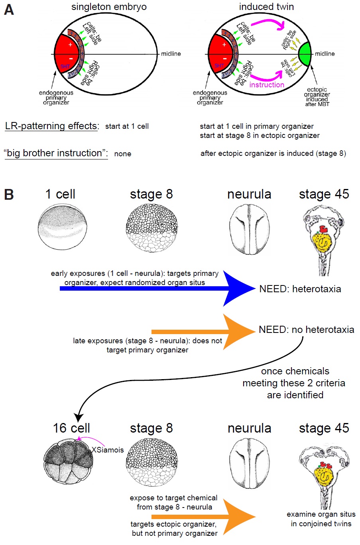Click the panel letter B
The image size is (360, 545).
(x=9, y=195)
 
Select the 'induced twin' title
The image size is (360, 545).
(x=266, y=7)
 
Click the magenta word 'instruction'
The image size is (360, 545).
(x=267, y=85)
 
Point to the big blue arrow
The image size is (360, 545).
(x=235, y=288)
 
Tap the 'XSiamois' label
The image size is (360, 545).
(x=108, y=450)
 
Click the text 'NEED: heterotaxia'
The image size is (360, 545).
(x=300, y=289)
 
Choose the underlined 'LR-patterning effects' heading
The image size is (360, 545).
(x=51, y=126)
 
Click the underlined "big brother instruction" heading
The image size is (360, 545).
(x=56, y=153)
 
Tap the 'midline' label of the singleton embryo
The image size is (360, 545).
(x=171, y=54)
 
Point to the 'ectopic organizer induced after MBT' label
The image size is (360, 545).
(x=317, y=97)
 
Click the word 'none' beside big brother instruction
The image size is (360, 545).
(x=122, y=154)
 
